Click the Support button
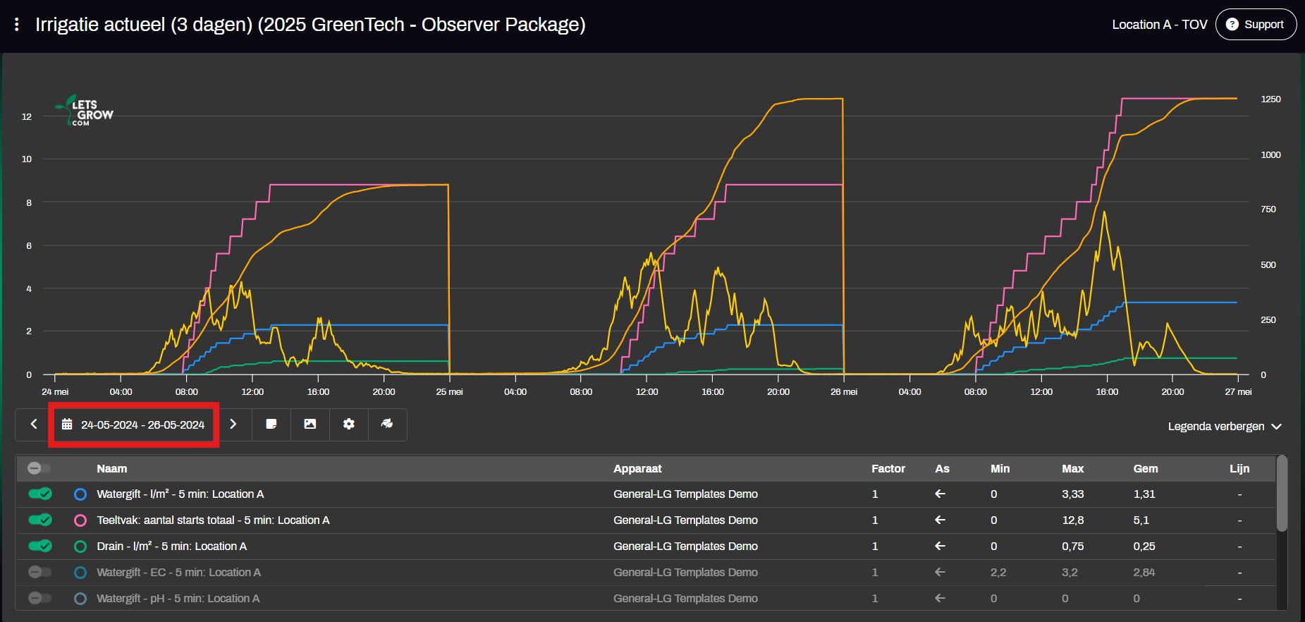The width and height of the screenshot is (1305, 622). tap(1256, 25)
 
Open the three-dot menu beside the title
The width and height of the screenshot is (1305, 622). tap(17, 25)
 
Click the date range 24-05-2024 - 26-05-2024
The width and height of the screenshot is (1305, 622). tap(134, 425)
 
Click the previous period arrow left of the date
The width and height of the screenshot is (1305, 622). tap(33, 425)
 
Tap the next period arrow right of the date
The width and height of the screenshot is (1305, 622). tap(233, 425)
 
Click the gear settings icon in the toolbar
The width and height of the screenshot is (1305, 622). tap(348, 425)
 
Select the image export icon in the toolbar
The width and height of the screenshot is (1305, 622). tap(310, 425)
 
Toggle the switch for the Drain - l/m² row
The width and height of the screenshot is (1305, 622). tap(40, 546)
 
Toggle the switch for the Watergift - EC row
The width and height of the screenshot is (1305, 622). tap(40, 572)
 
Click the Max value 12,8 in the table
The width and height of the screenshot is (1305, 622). tap(1072, 520)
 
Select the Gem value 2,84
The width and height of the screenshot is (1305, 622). tap(1144, 573)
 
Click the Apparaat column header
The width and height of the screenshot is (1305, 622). tap(637, 469)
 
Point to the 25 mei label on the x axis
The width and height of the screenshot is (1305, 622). tap(449, 392)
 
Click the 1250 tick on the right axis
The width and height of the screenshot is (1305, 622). tap(1270, 99)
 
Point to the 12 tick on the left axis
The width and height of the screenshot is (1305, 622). tap(27, 117)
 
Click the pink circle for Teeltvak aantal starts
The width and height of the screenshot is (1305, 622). tap(80, 520)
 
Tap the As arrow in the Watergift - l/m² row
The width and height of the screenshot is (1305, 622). tap(940, 494)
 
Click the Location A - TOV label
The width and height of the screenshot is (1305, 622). tap(1159, 25)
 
